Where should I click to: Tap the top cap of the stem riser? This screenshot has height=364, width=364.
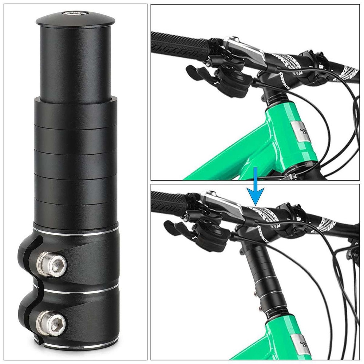(76, 18)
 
